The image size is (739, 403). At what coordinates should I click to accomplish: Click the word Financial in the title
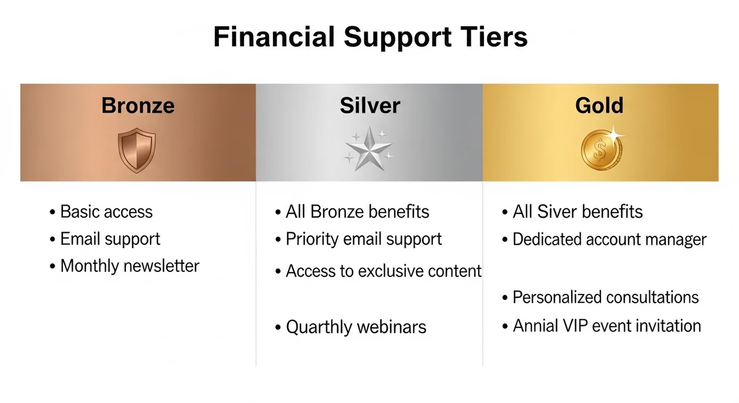point(274,36)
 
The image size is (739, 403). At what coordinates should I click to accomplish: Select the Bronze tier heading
point(138,106)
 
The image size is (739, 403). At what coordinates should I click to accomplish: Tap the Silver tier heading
point(370,106)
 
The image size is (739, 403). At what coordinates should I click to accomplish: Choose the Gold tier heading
point(599,106)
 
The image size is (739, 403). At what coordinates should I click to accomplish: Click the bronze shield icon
point(137,150)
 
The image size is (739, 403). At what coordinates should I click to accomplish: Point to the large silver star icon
point(369,149)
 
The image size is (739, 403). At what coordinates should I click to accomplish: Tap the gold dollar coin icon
point(601,150)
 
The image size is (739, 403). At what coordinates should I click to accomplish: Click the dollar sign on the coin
point(600,150)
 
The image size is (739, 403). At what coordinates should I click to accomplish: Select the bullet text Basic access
point(106,212)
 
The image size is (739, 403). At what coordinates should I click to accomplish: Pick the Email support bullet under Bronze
point(110,239)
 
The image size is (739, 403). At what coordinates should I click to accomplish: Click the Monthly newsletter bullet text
point(130,266)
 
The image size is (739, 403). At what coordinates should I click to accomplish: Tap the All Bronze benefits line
point(357,212)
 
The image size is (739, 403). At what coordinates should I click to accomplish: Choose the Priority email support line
point(364,239)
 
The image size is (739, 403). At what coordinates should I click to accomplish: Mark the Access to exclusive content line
point(384,271)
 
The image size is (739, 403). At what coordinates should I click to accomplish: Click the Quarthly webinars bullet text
point(356,327)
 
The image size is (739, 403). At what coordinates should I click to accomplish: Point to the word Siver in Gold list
point(557,212)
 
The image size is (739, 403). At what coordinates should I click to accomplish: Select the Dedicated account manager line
point(609,240)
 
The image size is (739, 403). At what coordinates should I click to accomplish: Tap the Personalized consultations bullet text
point(606,297)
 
